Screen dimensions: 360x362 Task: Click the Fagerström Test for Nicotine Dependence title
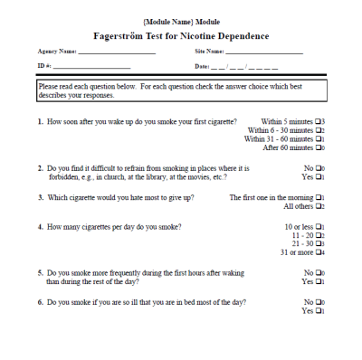click(x=181, y=36)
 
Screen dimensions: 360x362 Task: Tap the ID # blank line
click(x=92, y=68)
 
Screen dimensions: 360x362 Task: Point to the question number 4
click(x=40, y=226)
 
